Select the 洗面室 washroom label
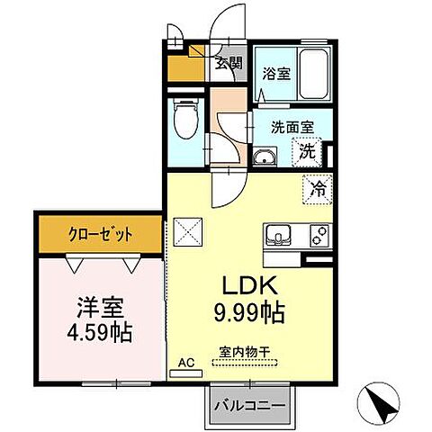tap(290, 127)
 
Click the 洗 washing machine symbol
tap(309, 151)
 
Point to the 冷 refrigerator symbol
tap(318, 189)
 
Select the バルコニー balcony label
tap(251, 405)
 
